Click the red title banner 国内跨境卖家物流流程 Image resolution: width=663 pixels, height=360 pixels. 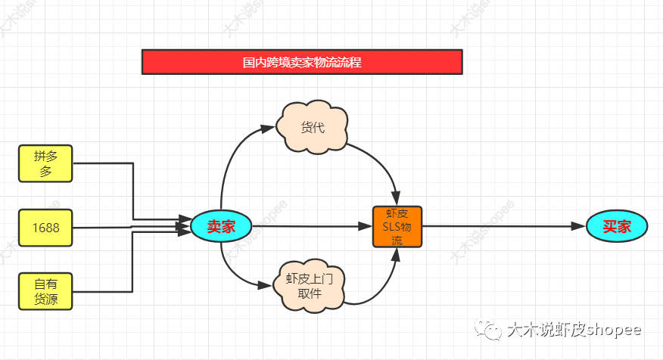301,62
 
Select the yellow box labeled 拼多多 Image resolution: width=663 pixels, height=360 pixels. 45,163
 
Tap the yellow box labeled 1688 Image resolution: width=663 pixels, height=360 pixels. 45,227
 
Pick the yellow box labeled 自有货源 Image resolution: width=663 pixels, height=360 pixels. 45,291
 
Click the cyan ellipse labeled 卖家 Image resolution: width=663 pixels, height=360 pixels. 221,226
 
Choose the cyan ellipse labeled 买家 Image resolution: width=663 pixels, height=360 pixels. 616,226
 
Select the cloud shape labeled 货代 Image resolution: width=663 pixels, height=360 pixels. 313,127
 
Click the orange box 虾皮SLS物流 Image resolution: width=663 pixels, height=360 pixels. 397,226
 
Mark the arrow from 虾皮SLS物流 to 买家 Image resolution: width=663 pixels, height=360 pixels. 500,226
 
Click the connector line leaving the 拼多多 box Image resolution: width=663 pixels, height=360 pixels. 133,189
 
